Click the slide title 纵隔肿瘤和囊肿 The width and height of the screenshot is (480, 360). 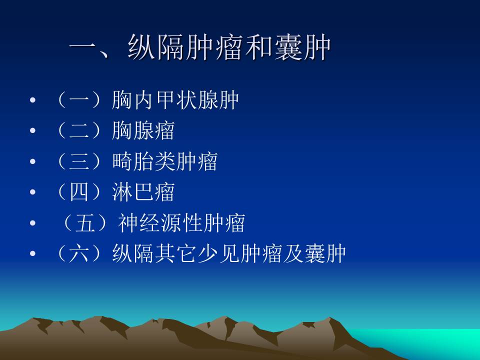(229, 48)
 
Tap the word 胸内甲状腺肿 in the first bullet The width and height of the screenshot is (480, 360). (175, 100)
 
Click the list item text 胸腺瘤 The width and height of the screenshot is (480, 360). (143, 130)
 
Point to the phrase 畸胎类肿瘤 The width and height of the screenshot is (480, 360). (165, 161)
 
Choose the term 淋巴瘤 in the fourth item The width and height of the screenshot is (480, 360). (143, 192)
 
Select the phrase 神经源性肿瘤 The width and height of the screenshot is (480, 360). (181, 223)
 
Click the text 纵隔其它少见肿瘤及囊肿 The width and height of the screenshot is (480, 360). (228, 253)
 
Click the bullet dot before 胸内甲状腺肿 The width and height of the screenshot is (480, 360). (33, 101)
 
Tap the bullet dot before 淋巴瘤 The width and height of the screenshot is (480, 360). (33, 193)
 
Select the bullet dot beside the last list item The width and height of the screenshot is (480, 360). (33, 254)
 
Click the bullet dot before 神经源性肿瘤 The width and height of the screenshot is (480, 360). (33, 223)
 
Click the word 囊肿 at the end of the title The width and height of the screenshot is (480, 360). (302, 48)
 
